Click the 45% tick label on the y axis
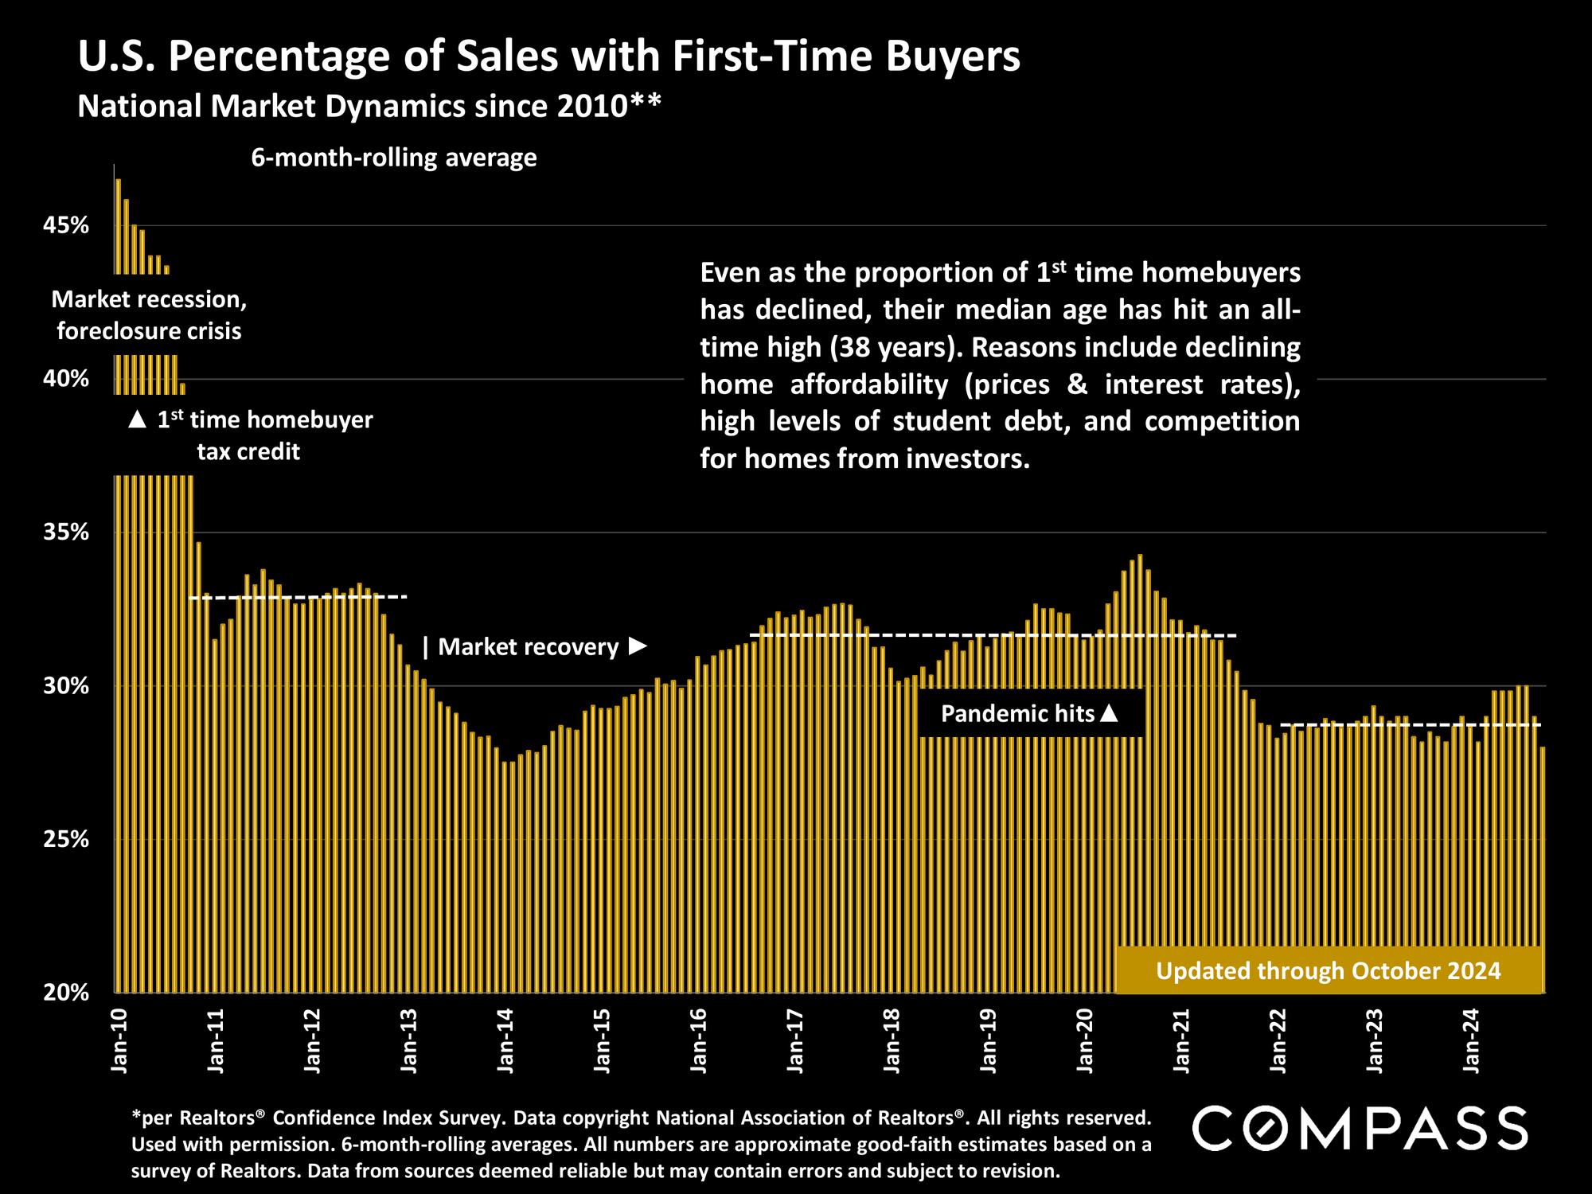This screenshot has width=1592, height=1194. pyautogui.click(x=65, y=226)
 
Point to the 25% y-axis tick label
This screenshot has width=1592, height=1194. pyautogui.click(x=65, y=840)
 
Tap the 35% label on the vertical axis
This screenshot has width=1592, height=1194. pyautogui.click(x=65, y=533)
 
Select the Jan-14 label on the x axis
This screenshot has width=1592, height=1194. pyautogui.click(x=505, y=1042)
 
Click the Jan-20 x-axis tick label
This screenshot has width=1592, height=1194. pyautogui.click(x=1085, y=1042)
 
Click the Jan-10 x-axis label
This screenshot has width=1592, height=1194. pyautogui.click(x=119, y=1042)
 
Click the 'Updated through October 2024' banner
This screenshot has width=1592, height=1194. pyautogui.click(x=1328, y=971)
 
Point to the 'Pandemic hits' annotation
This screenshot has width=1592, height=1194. pyautogui.click(x=1029, y=713)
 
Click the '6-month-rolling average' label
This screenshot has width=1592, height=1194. pyautogui.click(x=394, y=158)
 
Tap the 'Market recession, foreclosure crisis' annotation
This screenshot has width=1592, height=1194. pyautogui.click(x=149, y=315)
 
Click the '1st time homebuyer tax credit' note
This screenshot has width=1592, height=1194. pyautogui.click(x=250, y=435)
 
